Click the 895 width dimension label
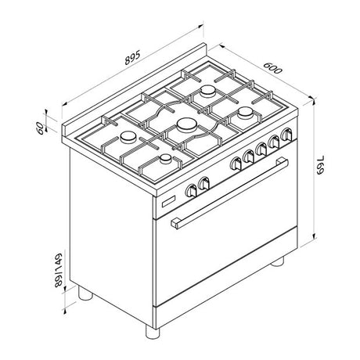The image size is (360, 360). click(132, 57)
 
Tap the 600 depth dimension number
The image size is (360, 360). click(273, 68)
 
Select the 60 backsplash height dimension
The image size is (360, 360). click(40, 128)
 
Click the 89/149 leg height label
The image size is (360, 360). click(59, 270)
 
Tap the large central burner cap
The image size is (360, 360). click(187, 124)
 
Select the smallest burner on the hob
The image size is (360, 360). click(166, 159)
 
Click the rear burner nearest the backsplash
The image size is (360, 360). click(208, 91)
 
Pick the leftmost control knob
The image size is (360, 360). click(191, 191)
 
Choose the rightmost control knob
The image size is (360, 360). click(286, 134)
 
